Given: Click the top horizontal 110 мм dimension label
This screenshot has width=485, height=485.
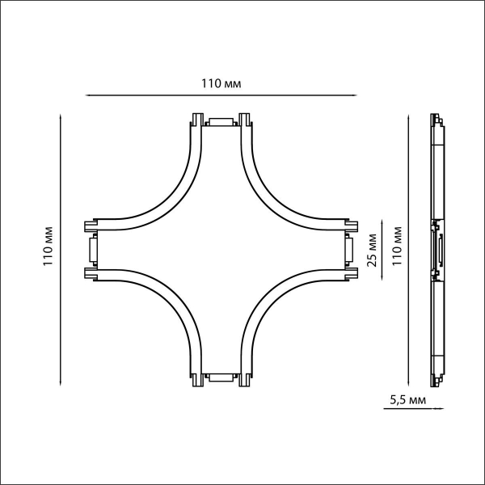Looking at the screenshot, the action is (x=221, y=83).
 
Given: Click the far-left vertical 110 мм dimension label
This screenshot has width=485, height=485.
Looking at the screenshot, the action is (x=48, y=247).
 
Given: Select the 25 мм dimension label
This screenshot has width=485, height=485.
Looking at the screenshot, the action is (x=372, y=251).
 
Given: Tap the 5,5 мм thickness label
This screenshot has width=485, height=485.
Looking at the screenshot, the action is (x=407, y=400).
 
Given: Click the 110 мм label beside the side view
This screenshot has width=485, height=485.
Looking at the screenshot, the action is (x=397, y=247).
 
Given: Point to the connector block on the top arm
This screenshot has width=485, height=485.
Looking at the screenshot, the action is (x=221, y=121).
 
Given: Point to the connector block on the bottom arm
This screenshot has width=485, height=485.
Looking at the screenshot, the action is (x=221, y=377).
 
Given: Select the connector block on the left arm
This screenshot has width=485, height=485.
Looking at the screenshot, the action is (x=93, y=250).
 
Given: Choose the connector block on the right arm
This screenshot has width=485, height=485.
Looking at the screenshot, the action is (x=349, y=250).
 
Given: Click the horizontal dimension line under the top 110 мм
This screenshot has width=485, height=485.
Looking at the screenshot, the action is (x=221, y=95).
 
